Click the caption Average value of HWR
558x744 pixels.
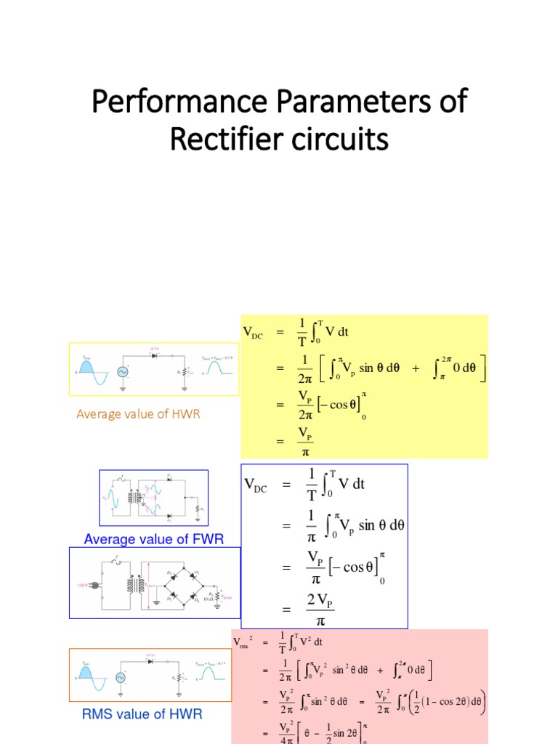[x=138, y=414]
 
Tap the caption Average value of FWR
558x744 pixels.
[x=153, y=539]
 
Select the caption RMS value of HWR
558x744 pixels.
[x=142, y=714]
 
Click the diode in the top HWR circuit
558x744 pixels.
[x=154, y=357]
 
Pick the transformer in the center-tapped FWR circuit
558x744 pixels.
[x=134, y=498]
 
